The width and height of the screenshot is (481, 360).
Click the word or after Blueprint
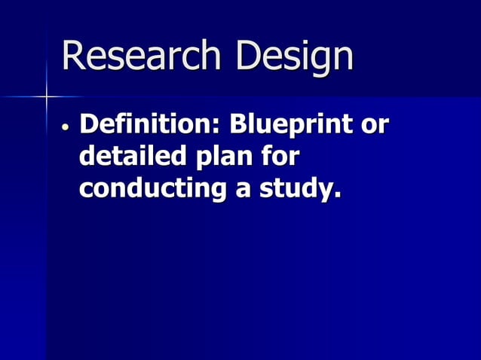click(375, 126)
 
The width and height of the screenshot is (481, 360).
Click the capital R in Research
click(73, 56)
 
